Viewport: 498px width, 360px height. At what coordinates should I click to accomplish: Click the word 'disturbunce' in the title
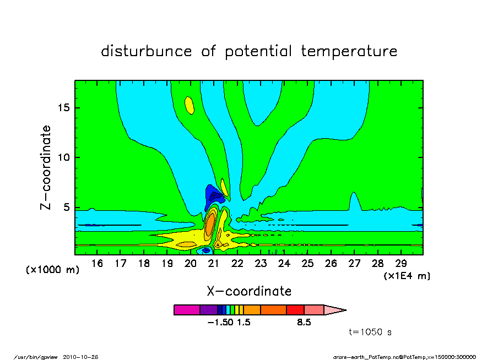tap(147, 51)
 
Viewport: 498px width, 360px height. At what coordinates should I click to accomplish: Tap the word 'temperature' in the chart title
tap(349, 51)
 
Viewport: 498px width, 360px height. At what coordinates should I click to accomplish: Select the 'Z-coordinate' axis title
tap(46, 168)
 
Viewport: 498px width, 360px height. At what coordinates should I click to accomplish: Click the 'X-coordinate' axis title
tap(249, 291)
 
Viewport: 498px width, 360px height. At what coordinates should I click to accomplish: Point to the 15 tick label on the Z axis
tap(63, 108)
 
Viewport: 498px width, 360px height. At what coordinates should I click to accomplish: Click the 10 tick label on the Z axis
tap(63, 157)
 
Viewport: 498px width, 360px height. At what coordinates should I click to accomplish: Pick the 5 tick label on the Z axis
tap(66, 208)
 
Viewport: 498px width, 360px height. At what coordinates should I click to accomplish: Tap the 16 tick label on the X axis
tap(97, 264)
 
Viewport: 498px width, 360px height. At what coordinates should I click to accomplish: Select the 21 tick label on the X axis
tap(214, 264)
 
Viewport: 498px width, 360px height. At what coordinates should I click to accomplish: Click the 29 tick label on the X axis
tap(401, 264)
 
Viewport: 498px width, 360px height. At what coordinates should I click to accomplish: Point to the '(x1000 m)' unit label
tap(52, 270)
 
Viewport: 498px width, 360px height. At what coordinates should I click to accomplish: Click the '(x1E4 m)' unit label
tap(407, 276)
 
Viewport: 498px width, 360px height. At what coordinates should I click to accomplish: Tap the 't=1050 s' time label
tap(370, 332)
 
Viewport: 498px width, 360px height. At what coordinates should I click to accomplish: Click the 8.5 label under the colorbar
tap(304, 323)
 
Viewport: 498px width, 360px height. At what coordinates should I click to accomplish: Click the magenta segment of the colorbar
tap(187, 310)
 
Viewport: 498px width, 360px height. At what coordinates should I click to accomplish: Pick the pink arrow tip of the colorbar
tap(335, 310)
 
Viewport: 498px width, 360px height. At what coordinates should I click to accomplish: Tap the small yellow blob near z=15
tap(190, 105)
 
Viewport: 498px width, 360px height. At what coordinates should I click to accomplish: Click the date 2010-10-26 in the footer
tap(80, 357)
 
